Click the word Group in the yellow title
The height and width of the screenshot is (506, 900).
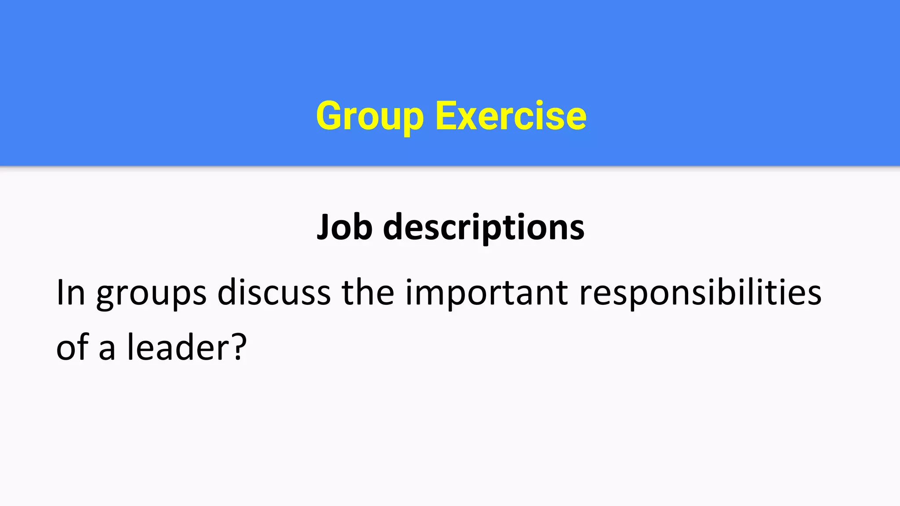click(x=370, y=116)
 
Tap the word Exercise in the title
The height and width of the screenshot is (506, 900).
click(x=511, y=116)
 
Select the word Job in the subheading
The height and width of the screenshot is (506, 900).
click(x=345, y=228)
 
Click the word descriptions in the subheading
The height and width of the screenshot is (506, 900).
click(x=483, y=228)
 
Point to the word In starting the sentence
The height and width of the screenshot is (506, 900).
click(x=70, y=293)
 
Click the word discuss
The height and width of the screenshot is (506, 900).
click(x=274, y=293)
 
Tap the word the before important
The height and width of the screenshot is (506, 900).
click(x=368, y=293)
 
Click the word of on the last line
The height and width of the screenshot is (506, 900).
click(x=73, y=347)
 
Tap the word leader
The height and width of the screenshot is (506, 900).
click(x=178, y=347)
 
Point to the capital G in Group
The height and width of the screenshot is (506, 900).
click(x=330, y=116)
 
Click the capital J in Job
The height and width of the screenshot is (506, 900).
click(x=324, y=228)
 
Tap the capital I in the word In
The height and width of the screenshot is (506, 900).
click(x=61, y=293)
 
